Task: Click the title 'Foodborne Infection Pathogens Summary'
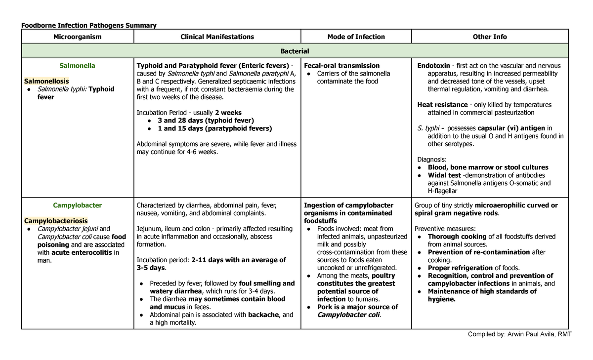pyautogui.click(x=88, y=25)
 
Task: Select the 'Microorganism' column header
pyautogui.click(x=77, y=37)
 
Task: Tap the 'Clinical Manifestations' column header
pyautogui.click(x=217, y=37)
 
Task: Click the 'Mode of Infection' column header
pyautogui.click(x=356, y=37)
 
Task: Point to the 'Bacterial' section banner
pyautogui.click(x=295, y=51)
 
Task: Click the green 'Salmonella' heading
pyautogui.click(x=77, y=65)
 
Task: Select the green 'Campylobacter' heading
pyautogui.click(x=77, y=205)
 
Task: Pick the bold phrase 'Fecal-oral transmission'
pyautogui.click(x=342, y=65)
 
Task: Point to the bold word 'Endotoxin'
pyautogui.click(x=433, y=65)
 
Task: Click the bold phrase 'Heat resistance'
pyautogui.click(x=442, y=105)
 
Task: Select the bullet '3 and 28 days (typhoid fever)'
pyautogui.click(x=206, y=120)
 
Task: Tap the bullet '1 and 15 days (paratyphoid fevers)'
pyautogui.click(x=214, y=128)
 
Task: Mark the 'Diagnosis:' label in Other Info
pyautogui.click(x=432, y=160)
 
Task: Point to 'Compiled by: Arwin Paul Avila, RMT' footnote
pyautogui.click(x=519, y=334)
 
